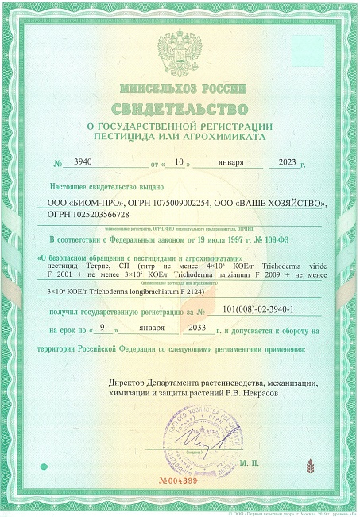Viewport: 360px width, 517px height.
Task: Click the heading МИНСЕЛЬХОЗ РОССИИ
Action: coord(180,87)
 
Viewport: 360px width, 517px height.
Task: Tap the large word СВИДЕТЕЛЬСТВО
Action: coord(180,107)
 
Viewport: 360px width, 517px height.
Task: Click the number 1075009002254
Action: coord(168,204)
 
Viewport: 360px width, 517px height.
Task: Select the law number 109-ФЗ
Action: coord(292,239)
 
